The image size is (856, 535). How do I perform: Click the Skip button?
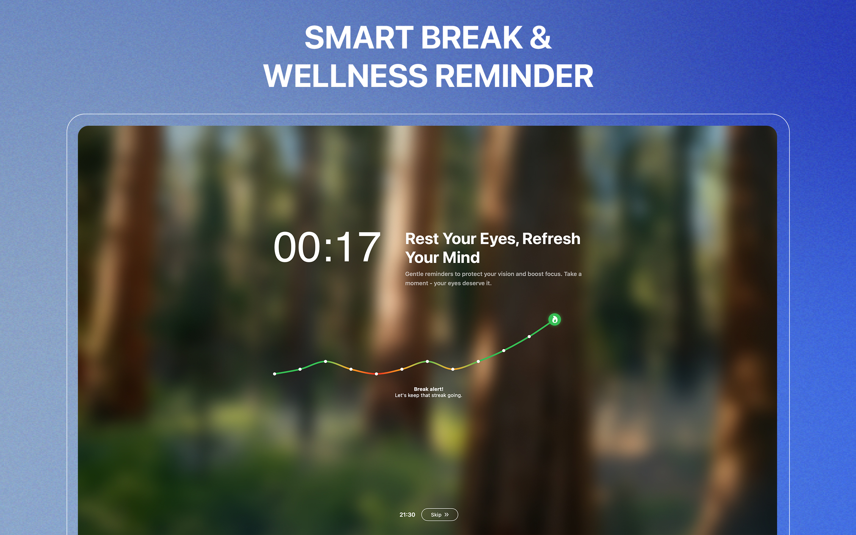(x=439, y=515)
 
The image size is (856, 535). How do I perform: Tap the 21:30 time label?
(x=407, y=515)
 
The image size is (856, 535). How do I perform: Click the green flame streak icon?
(x=554, y=320)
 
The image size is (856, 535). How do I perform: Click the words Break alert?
(x=428, y=389)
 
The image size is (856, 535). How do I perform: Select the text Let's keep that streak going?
(x=428, y=395)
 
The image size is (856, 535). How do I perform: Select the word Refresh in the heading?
(x=551, y=239)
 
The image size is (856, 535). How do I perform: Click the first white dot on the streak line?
(x=275, y=373)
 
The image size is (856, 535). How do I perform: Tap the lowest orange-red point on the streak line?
(x=377, y=373)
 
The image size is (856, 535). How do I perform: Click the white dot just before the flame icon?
(x=529, y=336)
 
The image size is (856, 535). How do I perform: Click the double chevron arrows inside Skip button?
(x=446, y=515)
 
